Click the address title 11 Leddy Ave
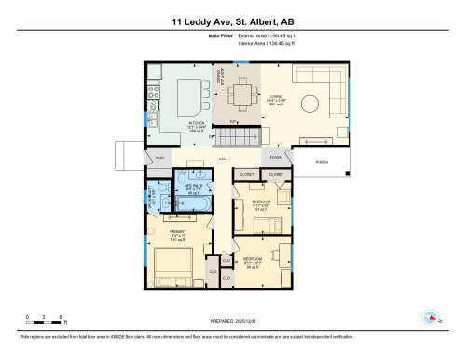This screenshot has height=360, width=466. click(x=232, y=21)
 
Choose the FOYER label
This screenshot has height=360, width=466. click(x=275, y=159)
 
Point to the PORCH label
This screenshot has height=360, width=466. click(x=322, y=159)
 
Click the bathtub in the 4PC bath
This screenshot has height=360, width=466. click(x=197, y=204)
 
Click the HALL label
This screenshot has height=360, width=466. click(x=224, y=159)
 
